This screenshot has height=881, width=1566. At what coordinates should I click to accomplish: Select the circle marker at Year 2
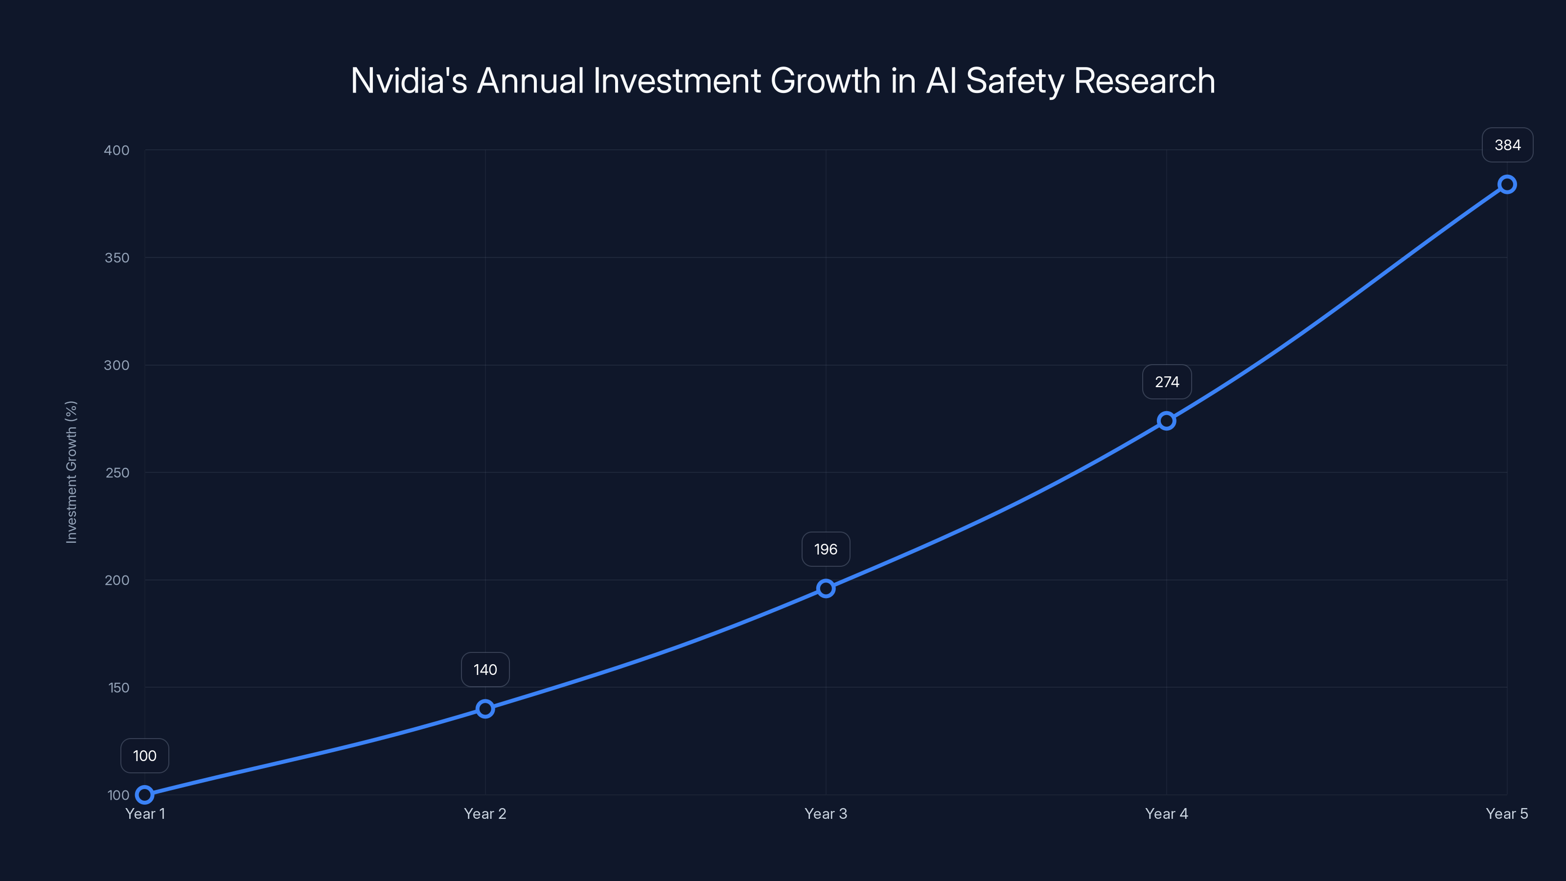(485, 708)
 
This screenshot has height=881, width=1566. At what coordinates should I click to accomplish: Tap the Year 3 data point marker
(826, 588)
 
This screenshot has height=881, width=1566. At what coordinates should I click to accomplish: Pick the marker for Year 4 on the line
(1166, 421)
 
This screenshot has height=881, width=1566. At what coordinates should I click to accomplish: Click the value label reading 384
(1507, 145)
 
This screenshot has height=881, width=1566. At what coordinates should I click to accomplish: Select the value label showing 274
(1167, 382)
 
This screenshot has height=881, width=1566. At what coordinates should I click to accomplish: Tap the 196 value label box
(826, 549)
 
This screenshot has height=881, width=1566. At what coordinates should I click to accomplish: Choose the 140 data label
(485, 670)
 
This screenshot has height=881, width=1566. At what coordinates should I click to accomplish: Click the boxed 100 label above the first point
(145, 756)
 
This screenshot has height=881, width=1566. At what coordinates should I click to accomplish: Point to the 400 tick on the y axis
(117, 150)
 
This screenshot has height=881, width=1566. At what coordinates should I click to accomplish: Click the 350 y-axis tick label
(117, 258)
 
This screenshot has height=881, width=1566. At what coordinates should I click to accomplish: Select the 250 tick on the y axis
(117, 472)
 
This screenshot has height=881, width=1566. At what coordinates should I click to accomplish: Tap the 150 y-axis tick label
(118, 688)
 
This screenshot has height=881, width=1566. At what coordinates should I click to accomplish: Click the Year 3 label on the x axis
(826, 813)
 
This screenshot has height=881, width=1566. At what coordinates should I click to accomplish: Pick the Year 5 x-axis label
(1506, 813)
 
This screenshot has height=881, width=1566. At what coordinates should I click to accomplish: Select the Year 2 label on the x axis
(485, 813)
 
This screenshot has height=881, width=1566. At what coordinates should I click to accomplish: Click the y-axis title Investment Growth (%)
(71, 472)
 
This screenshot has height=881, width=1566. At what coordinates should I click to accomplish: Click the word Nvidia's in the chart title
(409, 81)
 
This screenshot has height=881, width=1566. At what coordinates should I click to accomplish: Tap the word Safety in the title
(1014, 81)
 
